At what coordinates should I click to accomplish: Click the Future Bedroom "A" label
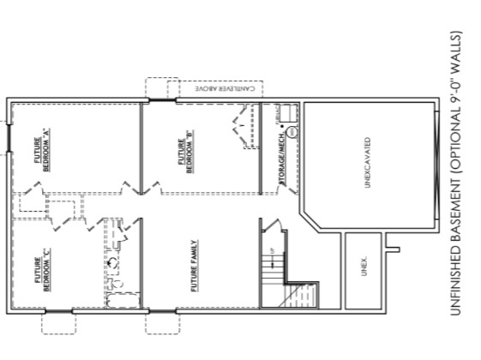(43, 151)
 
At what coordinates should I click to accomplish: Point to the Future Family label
(195, 266)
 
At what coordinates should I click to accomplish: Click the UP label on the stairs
(272, 251)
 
